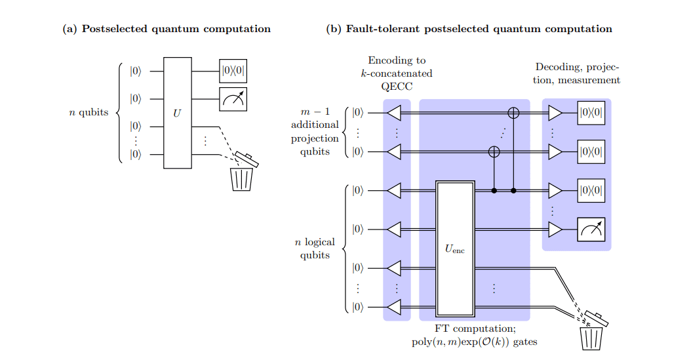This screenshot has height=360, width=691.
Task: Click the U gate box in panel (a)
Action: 176,113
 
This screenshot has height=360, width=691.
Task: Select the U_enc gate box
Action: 454,249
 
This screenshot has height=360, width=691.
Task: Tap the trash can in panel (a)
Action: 242,172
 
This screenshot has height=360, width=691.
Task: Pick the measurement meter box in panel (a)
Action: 233,98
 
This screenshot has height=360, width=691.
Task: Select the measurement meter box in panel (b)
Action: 591,229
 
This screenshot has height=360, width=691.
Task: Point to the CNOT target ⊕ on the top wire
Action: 513,113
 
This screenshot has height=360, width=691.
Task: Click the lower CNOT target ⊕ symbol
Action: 494,151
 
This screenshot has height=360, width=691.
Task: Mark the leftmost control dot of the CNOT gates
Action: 494,191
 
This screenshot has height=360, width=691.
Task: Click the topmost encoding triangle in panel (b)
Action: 393,113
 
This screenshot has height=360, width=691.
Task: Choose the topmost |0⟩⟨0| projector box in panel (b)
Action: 591,113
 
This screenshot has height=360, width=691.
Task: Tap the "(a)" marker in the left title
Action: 69,29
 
